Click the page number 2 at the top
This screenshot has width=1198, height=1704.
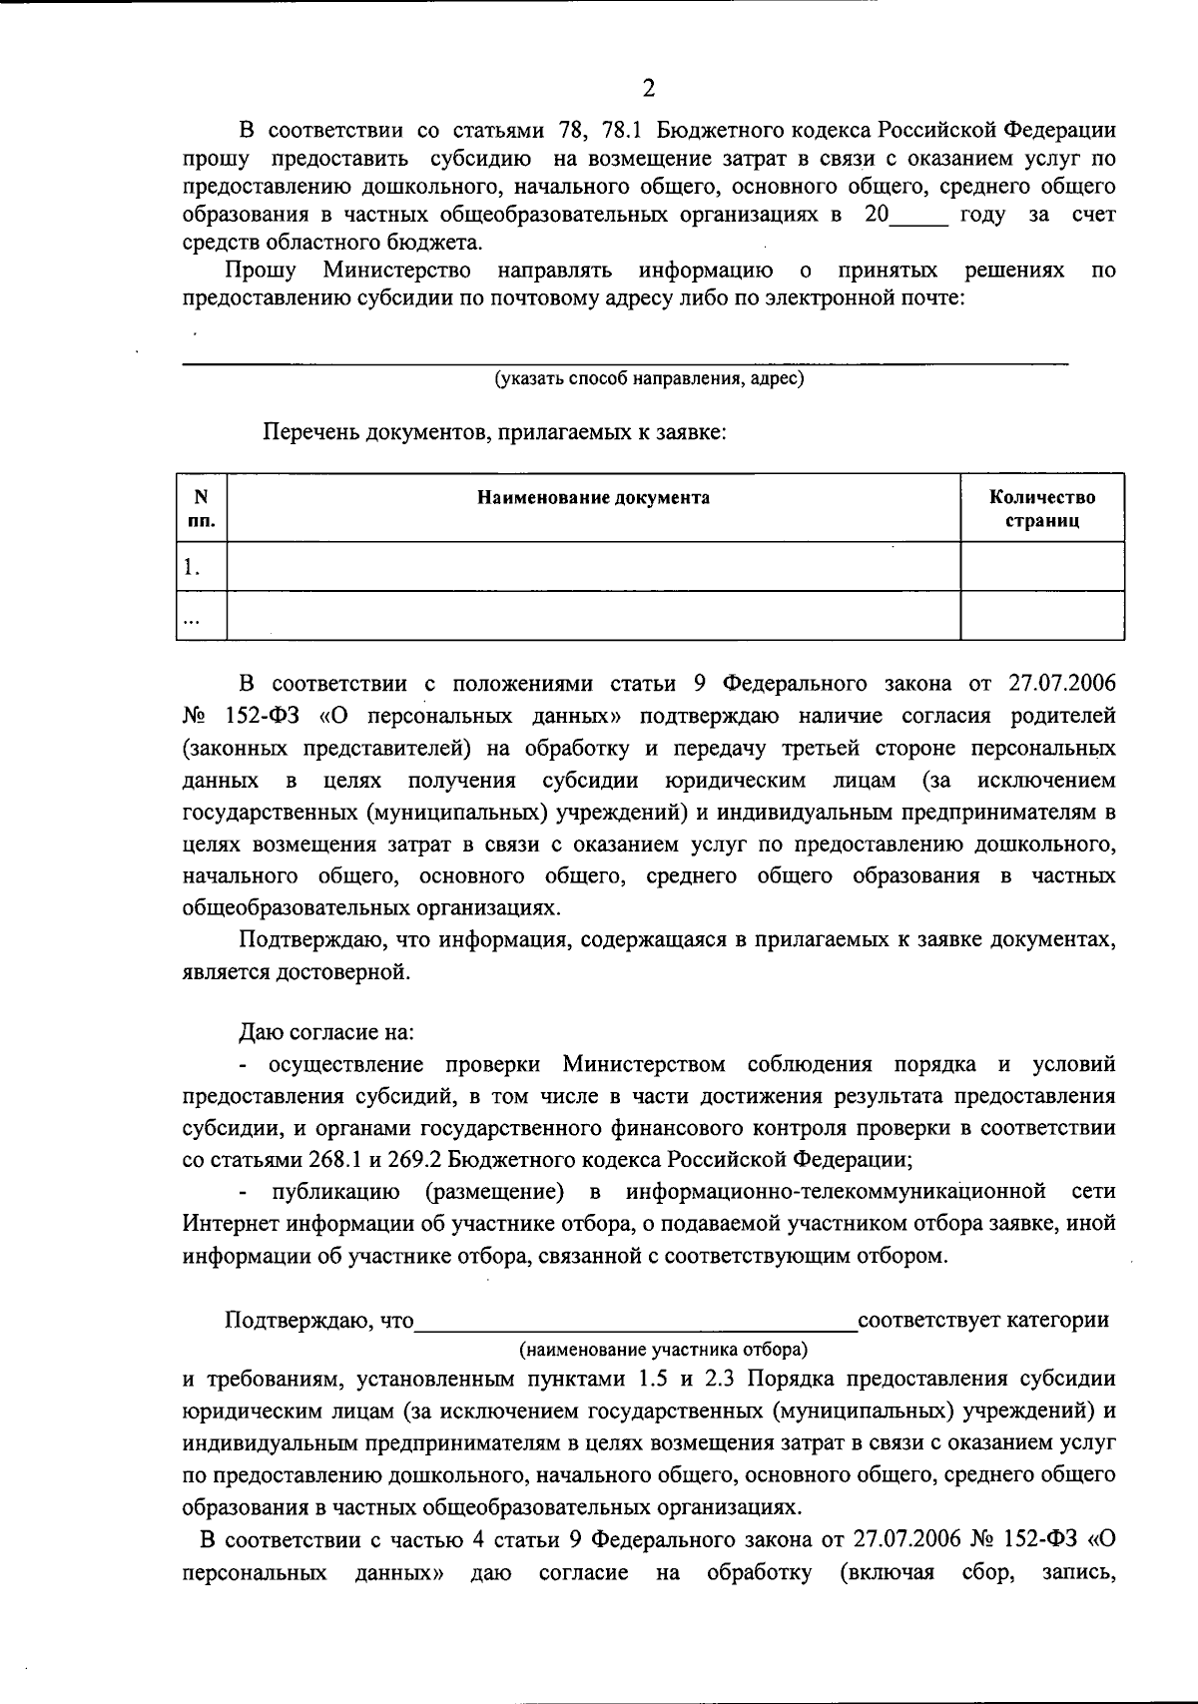point(648,89)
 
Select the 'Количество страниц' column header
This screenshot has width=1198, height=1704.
point(1041,509)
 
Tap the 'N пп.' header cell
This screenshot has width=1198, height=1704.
point(201,509)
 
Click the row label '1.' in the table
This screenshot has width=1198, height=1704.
point(192,568)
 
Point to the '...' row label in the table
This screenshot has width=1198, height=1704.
point(190,618)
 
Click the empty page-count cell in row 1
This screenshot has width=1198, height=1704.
point(1041,567)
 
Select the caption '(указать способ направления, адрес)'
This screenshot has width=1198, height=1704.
point(649,379)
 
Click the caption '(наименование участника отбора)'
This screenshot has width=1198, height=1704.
point(663,1350)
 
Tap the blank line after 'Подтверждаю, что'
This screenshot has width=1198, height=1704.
point(636,1320)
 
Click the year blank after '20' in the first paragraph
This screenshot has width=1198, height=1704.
point(918,215)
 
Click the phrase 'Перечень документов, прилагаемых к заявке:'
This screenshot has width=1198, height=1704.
point(494,432)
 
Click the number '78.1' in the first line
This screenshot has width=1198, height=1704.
point(624,131)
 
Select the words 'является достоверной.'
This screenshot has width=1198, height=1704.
point(296,971)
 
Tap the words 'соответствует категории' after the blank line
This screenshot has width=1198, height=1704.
point(983,1320)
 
